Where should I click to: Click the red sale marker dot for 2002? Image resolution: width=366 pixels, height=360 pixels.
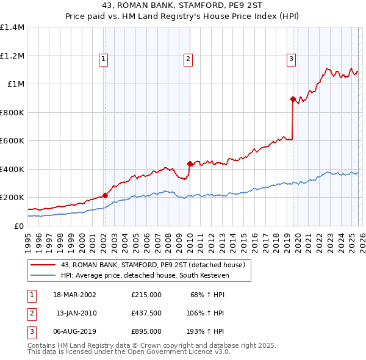click(105, 195)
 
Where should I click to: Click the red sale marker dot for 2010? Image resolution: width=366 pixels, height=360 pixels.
click(190, 164)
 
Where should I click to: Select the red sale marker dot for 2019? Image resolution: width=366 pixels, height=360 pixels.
click(293, 99)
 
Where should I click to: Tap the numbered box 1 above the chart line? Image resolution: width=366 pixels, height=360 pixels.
click(104, 59)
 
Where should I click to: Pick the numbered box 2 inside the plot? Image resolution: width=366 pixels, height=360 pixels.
click(188, 59)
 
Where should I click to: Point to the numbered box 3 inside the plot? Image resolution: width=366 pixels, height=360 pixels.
click(292, 59)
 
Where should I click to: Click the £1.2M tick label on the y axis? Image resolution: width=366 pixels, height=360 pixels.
click(12, 56)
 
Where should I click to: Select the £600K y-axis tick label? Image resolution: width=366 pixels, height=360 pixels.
click(12, 141)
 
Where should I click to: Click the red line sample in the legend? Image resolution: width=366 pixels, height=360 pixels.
click(44, 265)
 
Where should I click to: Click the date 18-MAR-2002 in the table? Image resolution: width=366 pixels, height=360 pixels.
click(74, 295)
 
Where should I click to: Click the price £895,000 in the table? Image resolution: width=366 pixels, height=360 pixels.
click(146, 331)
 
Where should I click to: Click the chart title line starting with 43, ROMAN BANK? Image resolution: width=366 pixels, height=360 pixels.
click(183, 7)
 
